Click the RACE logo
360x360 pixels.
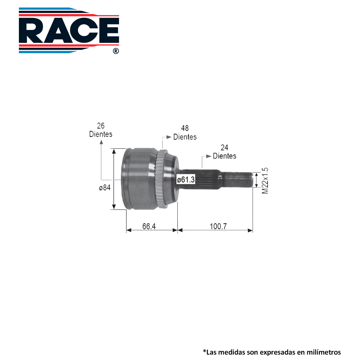coord(69,31)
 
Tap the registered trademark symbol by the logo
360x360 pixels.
coord(116,51)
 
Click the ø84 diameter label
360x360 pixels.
coord(105,187)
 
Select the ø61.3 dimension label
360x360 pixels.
coord(186,179)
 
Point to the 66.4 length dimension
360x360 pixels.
coord(149,226)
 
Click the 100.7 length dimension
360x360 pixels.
coord(218,226)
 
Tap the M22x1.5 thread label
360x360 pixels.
coord(265,181)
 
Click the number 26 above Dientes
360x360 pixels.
coord(101,126)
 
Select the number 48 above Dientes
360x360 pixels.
coord(185,128)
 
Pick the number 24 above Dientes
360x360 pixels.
coord(224,148)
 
